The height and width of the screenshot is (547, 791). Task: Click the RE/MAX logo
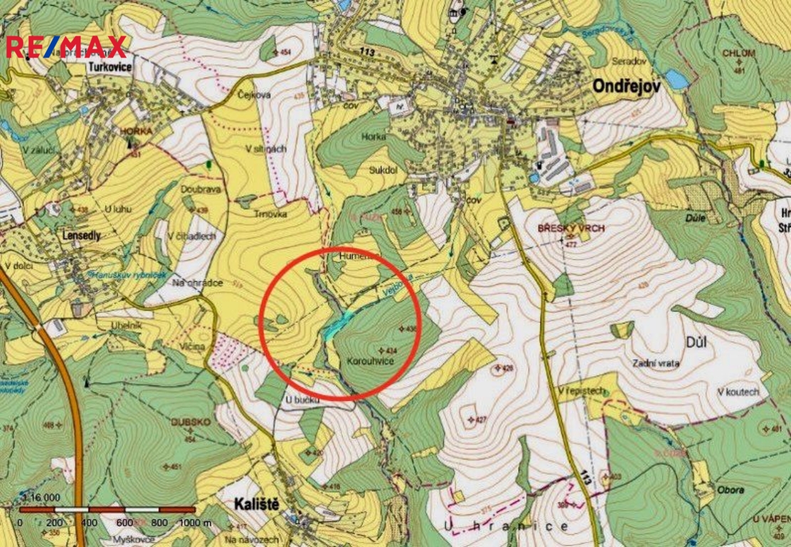[x=66, y=47]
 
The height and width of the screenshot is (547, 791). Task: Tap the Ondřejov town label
[x=627, y=85]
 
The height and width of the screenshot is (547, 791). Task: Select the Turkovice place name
[x=111, y=68]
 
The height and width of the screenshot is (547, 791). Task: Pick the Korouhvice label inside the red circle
[x=370, y=361]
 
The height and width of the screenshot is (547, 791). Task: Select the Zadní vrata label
[x=655, y=363]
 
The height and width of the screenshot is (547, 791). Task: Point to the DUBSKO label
[x=191, y=422]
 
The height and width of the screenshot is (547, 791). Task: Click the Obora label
[x=731, y=490]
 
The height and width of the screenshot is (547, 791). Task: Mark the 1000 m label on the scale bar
[x=193, y=522]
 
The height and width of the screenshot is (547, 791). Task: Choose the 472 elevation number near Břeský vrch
[x=570, y=244]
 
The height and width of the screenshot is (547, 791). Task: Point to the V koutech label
[x=738, y=392]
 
